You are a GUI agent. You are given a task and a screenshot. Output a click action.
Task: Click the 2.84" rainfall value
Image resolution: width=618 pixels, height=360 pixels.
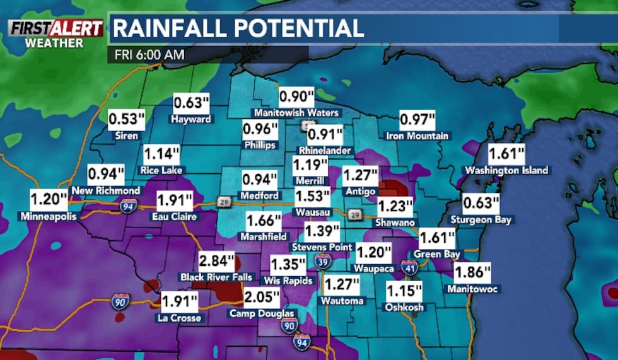[x=216, y=261]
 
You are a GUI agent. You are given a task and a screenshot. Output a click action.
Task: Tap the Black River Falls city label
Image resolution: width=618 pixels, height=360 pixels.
[x=216, y=277]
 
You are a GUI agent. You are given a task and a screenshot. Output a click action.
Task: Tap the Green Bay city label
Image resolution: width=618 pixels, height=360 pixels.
[x=437, y=254]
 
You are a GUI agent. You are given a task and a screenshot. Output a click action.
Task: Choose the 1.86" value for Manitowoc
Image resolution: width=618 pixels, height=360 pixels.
[x=472, y=273]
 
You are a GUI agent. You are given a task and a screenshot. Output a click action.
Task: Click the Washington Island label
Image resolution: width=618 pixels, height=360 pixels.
[x=506, y=170]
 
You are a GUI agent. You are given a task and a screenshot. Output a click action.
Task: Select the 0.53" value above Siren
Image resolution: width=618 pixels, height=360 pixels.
[x=124, y=119]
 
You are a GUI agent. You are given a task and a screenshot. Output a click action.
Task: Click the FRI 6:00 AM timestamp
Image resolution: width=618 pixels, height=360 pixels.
[x=149, y=55]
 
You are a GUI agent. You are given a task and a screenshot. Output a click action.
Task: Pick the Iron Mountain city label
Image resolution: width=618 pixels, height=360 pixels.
[x=417, y=136]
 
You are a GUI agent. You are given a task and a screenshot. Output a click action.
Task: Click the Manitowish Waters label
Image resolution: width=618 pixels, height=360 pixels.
[x=296, y=113]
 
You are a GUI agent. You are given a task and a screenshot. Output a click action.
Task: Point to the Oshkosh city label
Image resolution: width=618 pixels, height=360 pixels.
[x=404, y=307]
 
